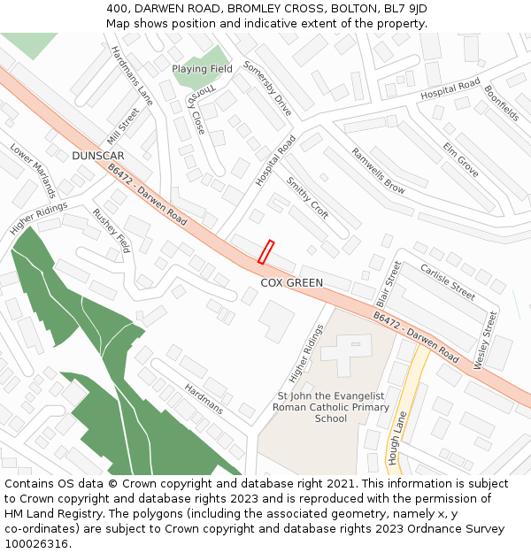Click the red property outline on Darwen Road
point(265,252)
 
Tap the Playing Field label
point(202,69)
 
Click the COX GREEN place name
point(291,283)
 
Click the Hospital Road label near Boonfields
point(450,88)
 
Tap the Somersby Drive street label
point(267,89)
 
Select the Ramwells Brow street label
point(378,171)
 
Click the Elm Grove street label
point(461,159)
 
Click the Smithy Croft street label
point(307,197)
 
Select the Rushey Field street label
point(112,231)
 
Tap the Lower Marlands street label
point(33,171)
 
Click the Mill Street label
point(122,127)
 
